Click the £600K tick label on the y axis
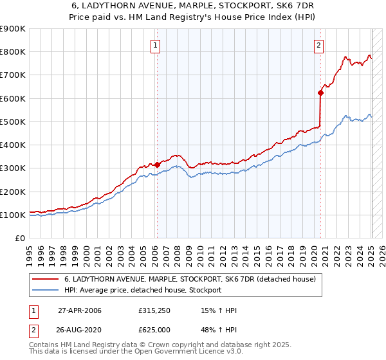coord(12,98)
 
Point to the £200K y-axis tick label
coord(12,192)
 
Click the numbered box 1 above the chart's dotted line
coord(156,45)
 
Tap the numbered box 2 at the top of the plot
coord(320,45)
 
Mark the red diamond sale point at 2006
coord(157,165)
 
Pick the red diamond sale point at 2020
coord(321,93)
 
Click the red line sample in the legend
coord(46,280)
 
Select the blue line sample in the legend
coord(46,290)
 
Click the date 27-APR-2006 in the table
coord(80,311)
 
